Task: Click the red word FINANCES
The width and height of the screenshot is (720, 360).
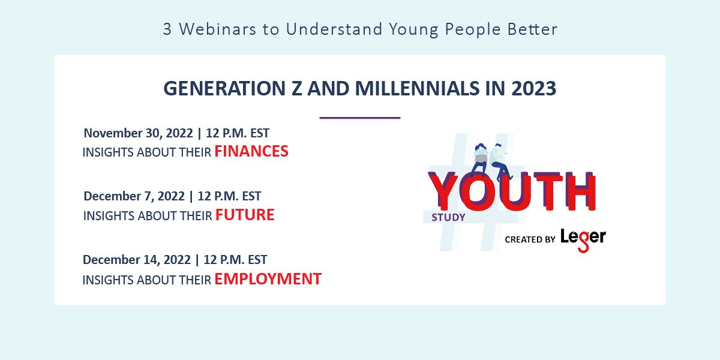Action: coord(251,151)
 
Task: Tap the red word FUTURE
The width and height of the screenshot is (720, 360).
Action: coord(245,215)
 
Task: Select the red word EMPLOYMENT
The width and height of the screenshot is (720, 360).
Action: coord(268,278)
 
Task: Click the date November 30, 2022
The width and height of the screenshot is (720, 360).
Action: coord(138,133)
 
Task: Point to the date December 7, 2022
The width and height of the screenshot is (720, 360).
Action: coord(134,196)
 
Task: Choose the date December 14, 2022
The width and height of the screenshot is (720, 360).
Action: coord(137,260)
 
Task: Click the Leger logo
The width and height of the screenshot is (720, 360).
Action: coord(583,240)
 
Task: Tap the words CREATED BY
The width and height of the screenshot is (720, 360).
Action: coord(530,239)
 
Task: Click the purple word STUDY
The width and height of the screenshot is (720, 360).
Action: coord(448,218)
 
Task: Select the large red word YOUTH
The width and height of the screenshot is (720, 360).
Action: coord(512,191)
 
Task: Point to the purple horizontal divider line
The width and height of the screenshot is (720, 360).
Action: coord(359,118)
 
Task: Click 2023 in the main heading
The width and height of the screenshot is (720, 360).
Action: coord(533,88)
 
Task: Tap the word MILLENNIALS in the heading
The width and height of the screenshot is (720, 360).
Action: coord(417,88)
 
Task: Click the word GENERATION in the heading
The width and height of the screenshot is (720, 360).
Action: coord(224,88)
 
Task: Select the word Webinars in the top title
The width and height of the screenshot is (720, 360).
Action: coord(218,29)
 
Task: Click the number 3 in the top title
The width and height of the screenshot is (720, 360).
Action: coord(167,29)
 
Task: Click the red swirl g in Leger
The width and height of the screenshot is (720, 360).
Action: coord(583,242)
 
